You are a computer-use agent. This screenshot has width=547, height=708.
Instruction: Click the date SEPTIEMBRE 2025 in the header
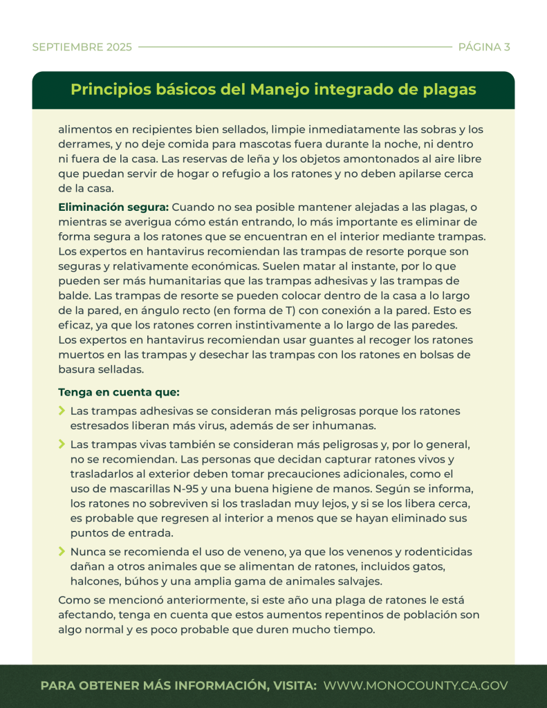click(x=82, y=48)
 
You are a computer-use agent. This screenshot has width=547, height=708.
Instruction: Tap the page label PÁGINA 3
click(x=484, y=48)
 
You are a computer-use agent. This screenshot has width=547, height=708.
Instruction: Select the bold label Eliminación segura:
click(x=113, y=207)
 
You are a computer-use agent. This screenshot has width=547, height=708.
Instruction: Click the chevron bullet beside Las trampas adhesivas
click(x=62, y=411)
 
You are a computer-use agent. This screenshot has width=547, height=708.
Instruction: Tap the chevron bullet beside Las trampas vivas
click(x=62, y=443)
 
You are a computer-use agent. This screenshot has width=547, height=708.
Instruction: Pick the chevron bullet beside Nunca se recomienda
click(x=62, y=551)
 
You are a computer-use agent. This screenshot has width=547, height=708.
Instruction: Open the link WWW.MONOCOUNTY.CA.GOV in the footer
click(x=416, y=686)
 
